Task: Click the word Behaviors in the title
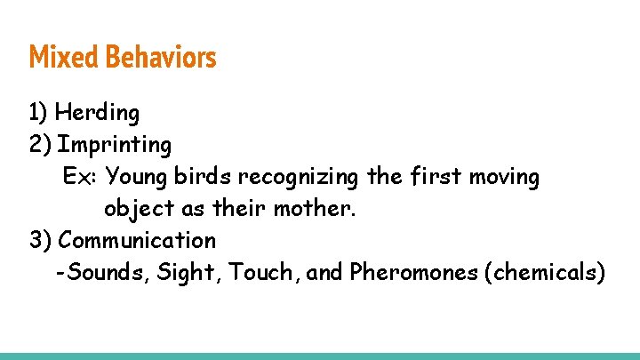161,58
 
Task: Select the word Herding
97,113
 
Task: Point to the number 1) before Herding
38,113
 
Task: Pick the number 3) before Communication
40,240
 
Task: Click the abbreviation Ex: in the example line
80,177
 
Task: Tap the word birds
200,177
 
